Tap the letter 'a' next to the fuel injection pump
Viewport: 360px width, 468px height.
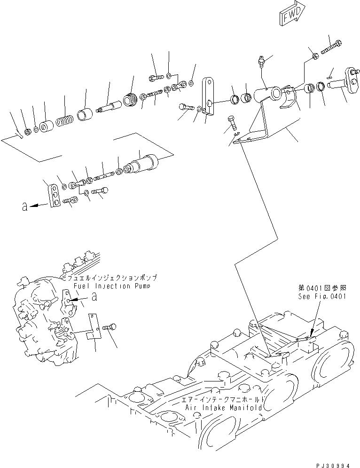pos(94,297)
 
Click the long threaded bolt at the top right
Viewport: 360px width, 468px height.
pos(330,48)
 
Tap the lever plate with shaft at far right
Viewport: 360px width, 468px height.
pos(346,80)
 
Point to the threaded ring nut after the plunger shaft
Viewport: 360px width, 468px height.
pos(129,100)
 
